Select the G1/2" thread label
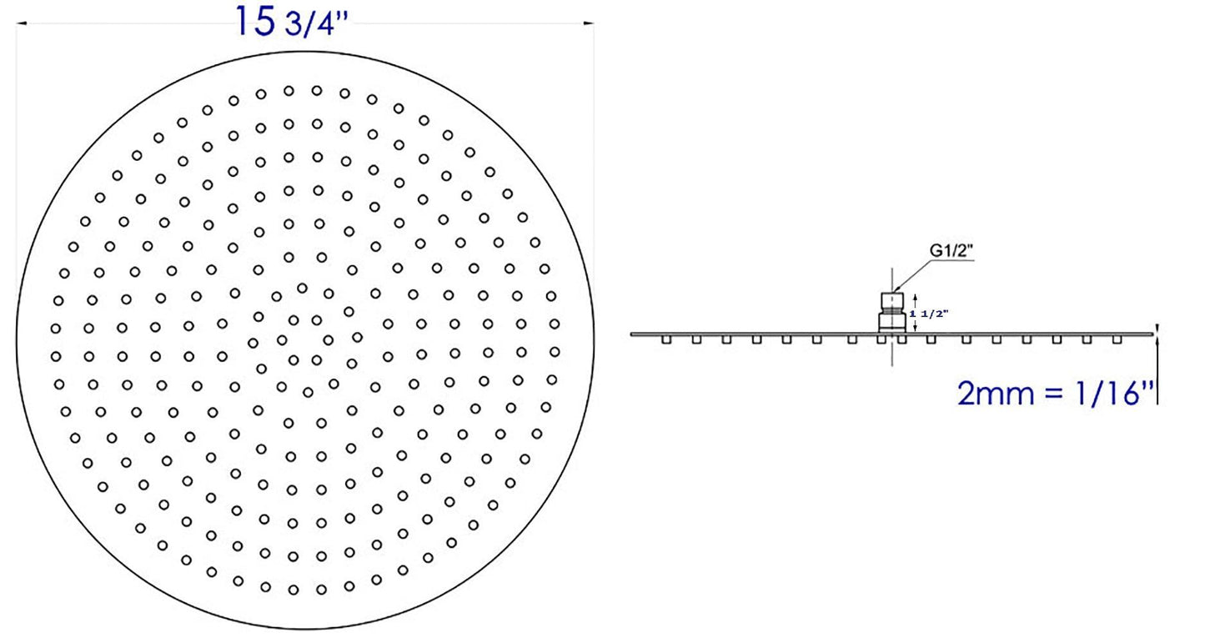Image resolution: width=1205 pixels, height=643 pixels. click(x=951, y=249)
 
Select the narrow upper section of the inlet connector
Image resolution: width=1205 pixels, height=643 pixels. click(x=892, y=299)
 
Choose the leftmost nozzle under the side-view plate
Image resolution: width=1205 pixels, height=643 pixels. click(x=665, y=339)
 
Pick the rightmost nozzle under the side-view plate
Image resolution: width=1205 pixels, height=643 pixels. click(x=1117, y=339)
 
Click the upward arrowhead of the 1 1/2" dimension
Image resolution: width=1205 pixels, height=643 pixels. click(x=916, y=297)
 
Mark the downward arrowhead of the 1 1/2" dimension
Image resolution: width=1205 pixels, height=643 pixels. click(x=916, y=327)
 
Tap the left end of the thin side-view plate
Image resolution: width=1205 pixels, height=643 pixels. click(x=634, y=334)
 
